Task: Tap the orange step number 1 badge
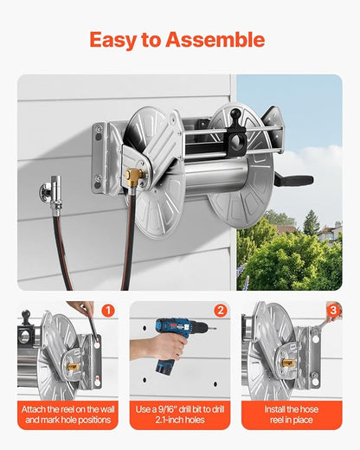pyautogui.click(x=107, y=310)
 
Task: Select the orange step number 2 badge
pyautogui.click(x=220, y=310)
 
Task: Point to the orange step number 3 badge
pyautogui.click(x=333, y=310)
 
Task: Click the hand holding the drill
pyautogui.click(x=145, y=349)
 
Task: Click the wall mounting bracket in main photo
pyautogui.click(x=104, y=156)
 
